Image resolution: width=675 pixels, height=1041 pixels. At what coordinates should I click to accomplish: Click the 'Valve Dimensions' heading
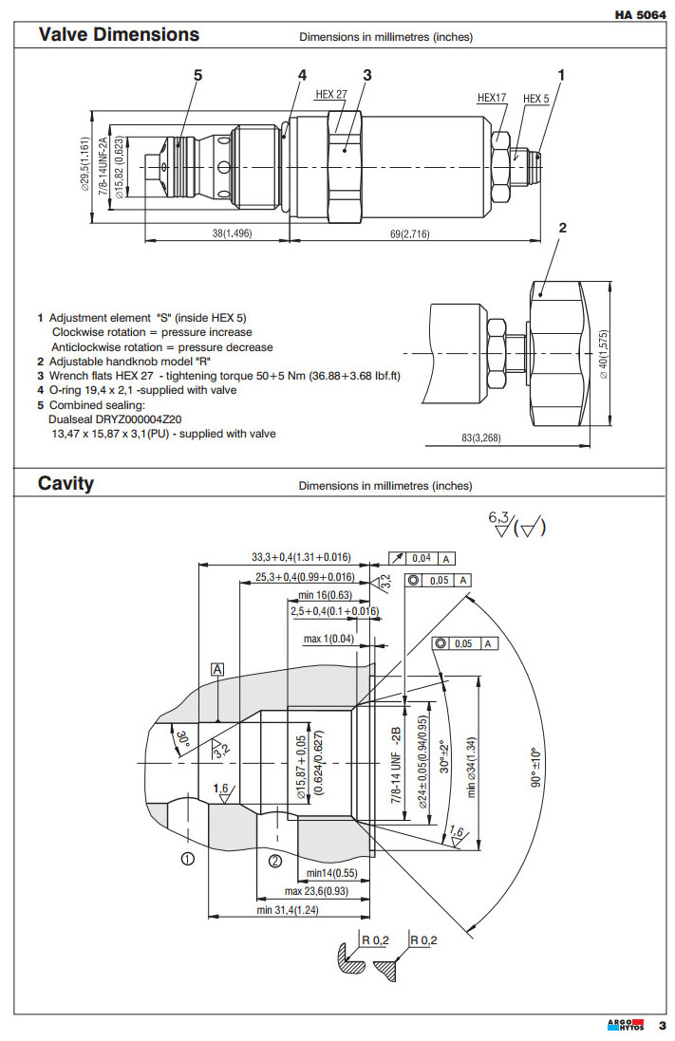(x=119, y=35)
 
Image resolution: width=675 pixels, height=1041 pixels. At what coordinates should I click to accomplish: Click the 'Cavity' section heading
(x=66, y=484)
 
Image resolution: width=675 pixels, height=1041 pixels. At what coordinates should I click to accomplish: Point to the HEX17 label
(x=492, y=98)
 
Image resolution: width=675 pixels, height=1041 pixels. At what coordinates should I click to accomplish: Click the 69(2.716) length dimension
(x=408, y=233)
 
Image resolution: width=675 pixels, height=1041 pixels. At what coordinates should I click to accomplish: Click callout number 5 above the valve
(x=198, y=74)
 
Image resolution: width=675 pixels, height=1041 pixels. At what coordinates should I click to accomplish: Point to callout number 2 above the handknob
(x=563, y=227)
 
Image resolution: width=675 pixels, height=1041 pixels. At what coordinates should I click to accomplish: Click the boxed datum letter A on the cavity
(x=217, y=670)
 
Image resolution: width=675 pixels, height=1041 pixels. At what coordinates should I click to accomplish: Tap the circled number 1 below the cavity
(x=188, y=860)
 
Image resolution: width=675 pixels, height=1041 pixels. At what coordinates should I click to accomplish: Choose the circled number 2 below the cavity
(x=274, y=861)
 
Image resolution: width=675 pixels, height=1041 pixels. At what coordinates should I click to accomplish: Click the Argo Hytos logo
(x=627, y=1025)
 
